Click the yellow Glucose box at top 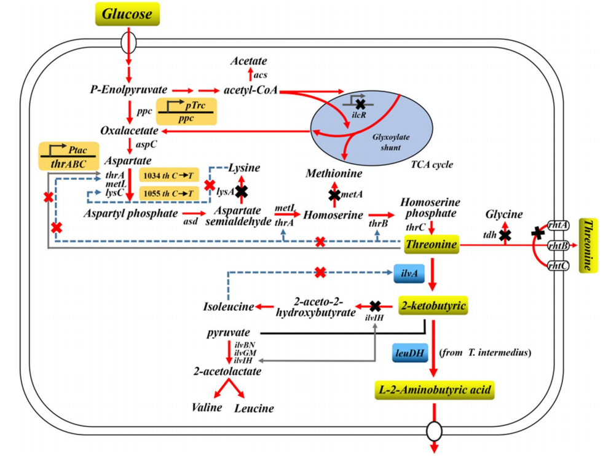point(127,14)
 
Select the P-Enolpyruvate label point(127,91)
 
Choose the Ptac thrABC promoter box point(68,156)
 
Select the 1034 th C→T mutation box point(170,175)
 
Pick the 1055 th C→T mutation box point(170,194)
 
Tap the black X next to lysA point(241,192)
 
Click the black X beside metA point(334,195)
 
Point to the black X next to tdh point(505,235)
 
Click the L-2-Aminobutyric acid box point(435,390)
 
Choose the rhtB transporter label point(558,245)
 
